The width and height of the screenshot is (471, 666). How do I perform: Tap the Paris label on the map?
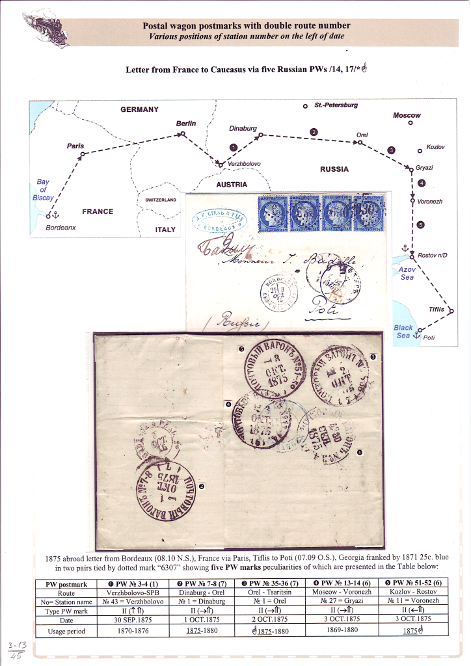point(75,146)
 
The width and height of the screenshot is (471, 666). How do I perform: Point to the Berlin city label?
point(185,124)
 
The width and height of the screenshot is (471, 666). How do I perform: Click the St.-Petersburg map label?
point(336,105)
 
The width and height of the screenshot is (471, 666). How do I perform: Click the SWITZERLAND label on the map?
point(161,200)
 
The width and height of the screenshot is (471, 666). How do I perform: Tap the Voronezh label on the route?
point(430,202)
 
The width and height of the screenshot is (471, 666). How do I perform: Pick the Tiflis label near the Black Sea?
point(437,310)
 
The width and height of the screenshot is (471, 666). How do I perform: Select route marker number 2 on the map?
point(314,133)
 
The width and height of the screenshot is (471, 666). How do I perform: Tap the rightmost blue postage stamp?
point(369,213)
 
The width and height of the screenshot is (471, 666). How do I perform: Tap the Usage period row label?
point(66,631)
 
